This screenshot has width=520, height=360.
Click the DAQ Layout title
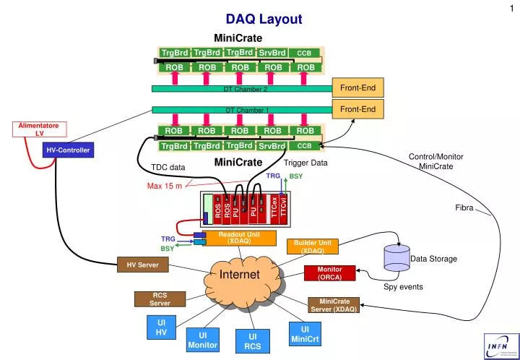click(x=264, y=20)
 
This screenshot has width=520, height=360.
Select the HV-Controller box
click(x=68, y=150)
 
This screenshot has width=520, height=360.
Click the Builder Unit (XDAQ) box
click(x=312, y=247)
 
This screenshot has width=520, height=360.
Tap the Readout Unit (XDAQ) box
click(x=239, y=238)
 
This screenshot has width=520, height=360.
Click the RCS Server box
click(x=160, y=299)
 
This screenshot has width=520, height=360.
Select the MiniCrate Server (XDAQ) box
click(x=334, y=305)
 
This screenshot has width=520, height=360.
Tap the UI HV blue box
click(x=161, y=327)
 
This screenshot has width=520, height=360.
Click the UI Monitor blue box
click(x=203, y=340)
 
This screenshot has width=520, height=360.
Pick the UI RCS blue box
click(x=252, y=341)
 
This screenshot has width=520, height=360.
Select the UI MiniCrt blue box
click(x=305, y=334)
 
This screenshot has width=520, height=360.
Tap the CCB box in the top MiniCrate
click(x=304, y=53)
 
